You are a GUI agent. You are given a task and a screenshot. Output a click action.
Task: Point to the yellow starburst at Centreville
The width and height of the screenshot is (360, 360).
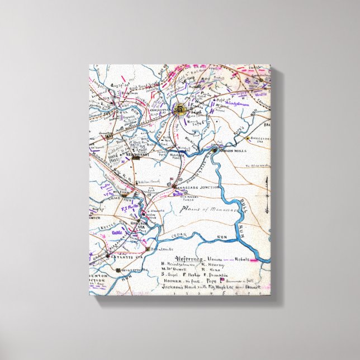coord(181,109)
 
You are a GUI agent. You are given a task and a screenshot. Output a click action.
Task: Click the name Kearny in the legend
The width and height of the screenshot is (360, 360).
coord(226,266)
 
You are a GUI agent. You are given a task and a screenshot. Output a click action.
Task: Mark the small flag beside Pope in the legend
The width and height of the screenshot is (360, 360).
coord(238,279)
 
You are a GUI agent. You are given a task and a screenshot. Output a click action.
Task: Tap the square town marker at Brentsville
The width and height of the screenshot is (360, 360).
coord(149,249)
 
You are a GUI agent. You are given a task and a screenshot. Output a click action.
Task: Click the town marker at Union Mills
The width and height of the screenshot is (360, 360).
coord(215,150)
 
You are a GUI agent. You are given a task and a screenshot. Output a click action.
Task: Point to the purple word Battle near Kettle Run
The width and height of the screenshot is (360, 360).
coord(117,231)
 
